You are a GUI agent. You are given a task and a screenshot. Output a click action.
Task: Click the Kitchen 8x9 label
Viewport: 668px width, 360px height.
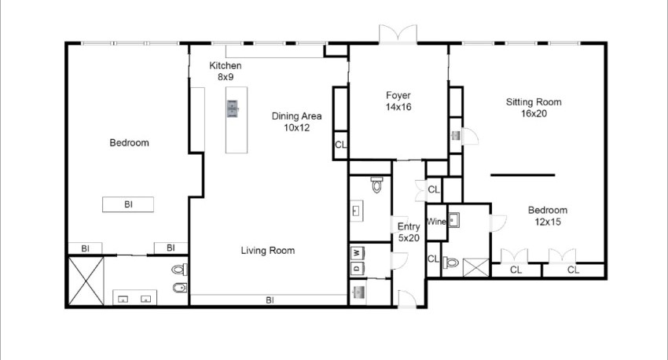[226, 72]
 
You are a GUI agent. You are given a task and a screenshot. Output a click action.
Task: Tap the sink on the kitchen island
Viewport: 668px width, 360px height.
[232, 108]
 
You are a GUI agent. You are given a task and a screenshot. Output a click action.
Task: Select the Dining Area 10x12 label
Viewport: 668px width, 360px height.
[296, 122]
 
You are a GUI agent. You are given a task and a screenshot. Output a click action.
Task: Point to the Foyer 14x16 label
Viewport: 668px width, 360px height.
[398, 101]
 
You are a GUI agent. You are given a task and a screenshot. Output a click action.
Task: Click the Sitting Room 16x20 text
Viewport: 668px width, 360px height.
[534, 108]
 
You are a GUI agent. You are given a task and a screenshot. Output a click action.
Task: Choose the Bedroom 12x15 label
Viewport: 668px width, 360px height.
[548, 215]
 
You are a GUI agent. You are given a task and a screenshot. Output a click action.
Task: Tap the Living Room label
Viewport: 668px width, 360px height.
[267, 251]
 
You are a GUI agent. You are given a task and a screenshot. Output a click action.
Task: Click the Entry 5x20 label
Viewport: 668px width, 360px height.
[409, 232]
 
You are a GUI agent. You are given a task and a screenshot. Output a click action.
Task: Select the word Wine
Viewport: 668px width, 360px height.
[436, 222]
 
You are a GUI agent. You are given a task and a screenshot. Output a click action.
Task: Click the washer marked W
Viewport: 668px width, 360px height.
[357, 253]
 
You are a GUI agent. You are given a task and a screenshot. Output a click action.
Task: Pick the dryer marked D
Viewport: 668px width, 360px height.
[357, 268]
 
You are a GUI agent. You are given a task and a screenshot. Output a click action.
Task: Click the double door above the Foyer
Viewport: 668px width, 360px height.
[398, 34]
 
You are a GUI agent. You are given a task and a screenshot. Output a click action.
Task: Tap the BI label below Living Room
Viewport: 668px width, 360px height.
[270, 300]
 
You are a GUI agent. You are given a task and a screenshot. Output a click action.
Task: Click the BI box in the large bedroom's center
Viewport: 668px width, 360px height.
[128, 204]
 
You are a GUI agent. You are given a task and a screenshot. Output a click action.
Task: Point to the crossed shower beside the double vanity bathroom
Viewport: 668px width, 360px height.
[86, 281]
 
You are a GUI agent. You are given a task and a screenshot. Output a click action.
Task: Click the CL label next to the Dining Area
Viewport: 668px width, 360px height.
[340, 145]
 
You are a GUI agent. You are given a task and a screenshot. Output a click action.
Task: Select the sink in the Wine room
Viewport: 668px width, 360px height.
[453, 220]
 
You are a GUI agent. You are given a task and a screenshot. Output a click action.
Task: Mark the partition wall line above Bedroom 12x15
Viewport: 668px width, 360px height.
[523, 174]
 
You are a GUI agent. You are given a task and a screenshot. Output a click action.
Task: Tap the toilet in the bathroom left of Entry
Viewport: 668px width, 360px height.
[376, 185]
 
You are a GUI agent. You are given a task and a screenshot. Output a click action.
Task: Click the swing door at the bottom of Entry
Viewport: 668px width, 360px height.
[407, 298]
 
